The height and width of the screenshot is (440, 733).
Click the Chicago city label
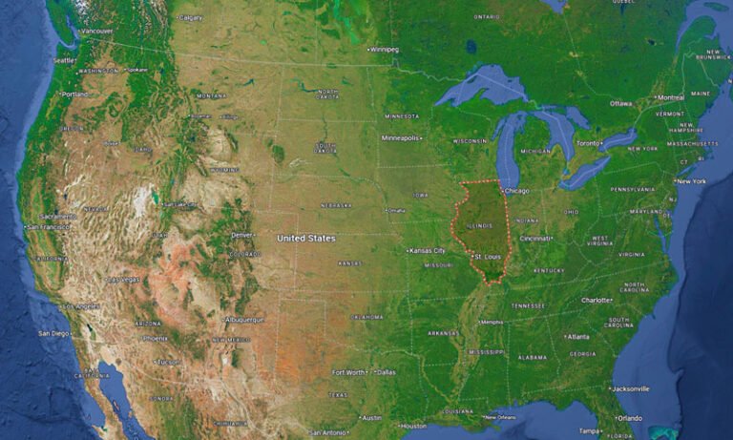[516, 191]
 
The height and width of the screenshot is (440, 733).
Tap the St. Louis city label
[489, 257]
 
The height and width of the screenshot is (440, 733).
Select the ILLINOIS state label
[481, 225]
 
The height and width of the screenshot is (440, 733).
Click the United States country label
[306, 238]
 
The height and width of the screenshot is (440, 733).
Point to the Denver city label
[242, 235]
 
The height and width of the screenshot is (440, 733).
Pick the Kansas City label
[428, 250]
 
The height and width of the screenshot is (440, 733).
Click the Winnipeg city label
[385, 50]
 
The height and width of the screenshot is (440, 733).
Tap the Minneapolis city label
[401, 137]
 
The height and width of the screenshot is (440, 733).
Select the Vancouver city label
[96, 31]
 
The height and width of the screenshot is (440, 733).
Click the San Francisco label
[48, 228]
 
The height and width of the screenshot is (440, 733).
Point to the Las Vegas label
[125, 280]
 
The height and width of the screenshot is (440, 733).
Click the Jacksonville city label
[632, 388]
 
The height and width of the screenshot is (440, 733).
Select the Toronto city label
[589, 143]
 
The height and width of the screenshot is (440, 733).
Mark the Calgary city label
[191, 17]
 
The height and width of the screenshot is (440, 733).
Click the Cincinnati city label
[536, 239]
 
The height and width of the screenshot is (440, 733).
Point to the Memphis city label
[492, 322]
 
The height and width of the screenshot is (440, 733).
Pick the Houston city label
[412, 426]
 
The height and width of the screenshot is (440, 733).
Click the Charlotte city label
[597, 300]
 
